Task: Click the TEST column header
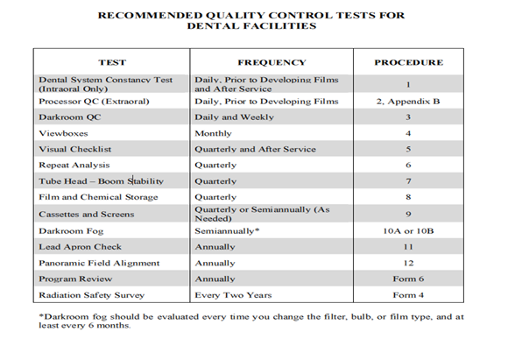[x=112, y=63]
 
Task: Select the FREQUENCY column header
[x=272, y=63]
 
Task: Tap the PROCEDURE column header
[x=408, y=63]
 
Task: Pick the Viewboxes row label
[x=63, y=132]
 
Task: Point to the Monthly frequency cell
[x=215, y=132]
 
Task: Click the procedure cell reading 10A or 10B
[x=408, y=230]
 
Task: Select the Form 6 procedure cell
[x=408, y=279]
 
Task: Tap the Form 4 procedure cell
[x=408, y=295]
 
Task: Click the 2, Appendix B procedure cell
[x=408, y=101]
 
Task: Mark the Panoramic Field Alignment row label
[x=99, y=263]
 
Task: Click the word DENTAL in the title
[x=213, y=26]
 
